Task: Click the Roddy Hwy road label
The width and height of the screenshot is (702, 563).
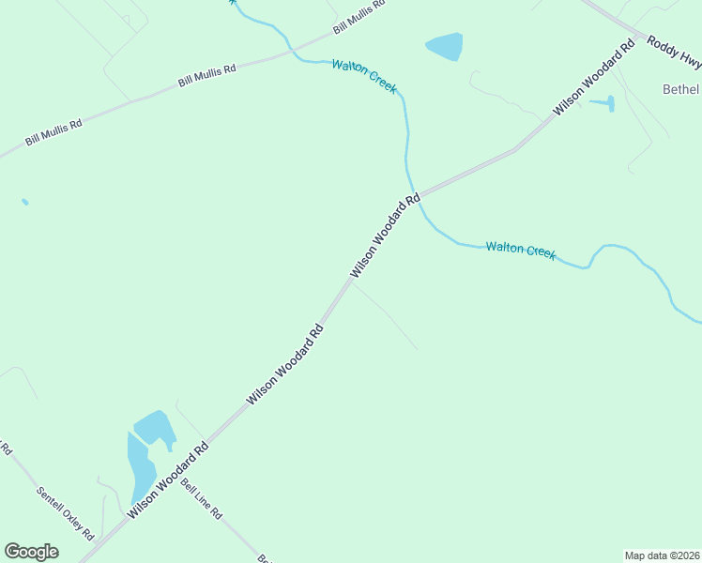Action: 672,53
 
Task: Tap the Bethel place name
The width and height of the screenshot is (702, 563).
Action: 681,89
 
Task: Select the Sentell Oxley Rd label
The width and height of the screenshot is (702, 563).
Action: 65,512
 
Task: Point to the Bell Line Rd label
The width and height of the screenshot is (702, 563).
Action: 201,500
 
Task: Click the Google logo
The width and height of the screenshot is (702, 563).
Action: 31,552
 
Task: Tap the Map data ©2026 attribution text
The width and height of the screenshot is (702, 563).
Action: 663,555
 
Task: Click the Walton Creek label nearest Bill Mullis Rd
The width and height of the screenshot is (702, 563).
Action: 364,76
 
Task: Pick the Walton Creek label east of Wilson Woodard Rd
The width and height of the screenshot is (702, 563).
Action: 521,251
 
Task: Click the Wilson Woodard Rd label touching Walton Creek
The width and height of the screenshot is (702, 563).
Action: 385,236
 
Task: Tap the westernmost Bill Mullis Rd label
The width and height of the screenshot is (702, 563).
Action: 53,131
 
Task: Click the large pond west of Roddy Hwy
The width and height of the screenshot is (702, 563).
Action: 445,45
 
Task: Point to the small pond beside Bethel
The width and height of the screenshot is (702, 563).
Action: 609,103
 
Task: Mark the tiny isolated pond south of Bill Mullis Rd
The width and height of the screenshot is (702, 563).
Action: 24,202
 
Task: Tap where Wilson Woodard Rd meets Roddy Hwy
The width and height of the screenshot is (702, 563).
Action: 640,39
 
